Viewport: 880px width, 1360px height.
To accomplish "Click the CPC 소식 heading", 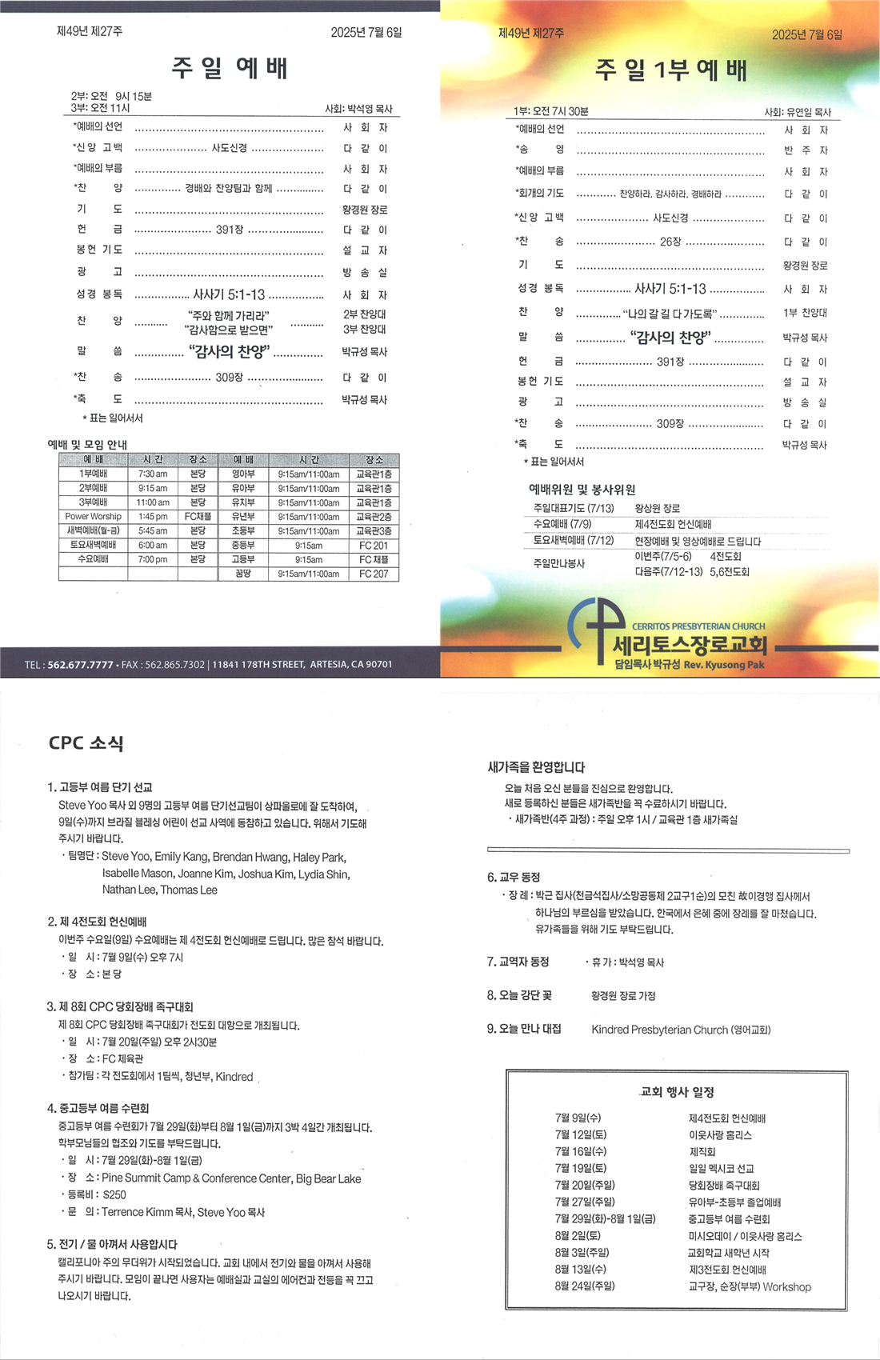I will [x=86, y=743].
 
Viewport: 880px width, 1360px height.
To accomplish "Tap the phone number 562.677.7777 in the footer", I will [x=80, y=665].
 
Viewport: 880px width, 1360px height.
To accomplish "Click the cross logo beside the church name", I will [x=595, y=633].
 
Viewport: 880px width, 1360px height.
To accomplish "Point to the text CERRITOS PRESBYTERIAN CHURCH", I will [x=698, y=626].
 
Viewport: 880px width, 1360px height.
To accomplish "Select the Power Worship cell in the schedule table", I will [x=94, y=517].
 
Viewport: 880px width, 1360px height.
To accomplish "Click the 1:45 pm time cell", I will [x=153, y=517].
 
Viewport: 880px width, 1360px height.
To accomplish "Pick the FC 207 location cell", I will [x=374, y=574].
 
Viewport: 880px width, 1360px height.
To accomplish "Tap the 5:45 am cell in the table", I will [x=153, y=531].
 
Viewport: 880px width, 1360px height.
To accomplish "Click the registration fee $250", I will [x=114, y=1194].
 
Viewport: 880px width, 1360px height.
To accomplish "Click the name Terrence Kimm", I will [x=137, y=1212].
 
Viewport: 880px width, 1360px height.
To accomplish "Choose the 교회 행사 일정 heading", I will [x=677, y=1092].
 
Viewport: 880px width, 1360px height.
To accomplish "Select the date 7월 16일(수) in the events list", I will [x=580, y=1152].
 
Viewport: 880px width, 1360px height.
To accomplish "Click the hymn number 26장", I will [x=670, y=242].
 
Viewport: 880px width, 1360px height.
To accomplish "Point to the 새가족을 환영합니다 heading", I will [x=536, y=767].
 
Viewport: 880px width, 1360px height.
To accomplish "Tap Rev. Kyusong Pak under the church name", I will [x=724, y=665].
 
